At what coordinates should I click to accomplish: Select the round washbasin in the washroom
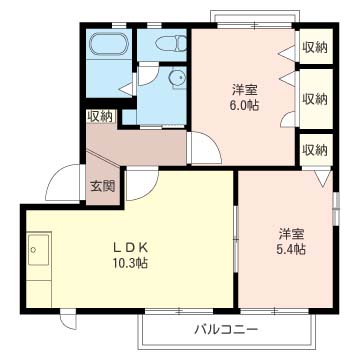(x=177, y=78)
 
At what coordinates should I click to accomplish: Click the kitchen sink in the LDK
(x=39, y=250)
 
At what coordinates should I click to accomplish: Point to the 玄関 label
(x=103, y=187)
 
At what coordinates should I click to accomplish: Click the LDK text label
(x=130, y=248)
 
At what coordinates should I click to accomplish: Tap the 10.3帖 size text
(x=130, y=264)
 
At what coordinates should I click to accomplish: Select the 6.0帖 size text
(x=244, y=106)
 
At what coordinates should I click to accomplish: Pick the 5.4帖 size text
(x=291, y=249)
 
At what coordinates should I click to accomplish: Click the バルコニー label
(x=226, y=330)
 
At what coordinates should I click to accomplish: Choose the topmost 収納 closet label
(x=315, y=48)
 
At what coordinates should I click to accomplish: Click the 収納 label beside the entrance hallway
(x=100, y=116)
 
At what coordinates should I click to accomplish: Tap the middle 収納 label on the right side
(x=315, y=99)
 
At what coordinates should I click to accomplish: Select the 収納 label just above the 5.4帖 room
(x=315, y=151)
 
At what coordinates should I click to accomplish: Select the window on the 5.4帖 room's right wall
(x=336, y=208)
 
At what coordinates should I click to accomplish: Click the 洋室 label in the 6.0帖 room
(x=244, y=90)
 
